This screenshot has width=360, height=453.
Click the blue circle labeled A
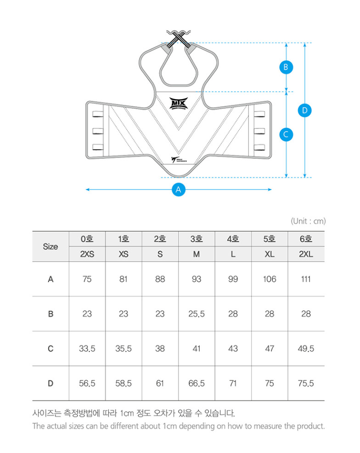click(x=179, y=189)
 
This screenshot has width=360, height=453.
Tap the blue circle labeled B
click(x=286, y=67)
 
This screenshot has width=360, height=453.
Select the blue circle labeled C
click(x=286, y=134)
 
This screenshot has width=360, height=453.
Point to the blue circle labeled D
click(x=304, y=110)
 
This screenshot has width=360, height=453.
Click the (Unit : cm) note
click(x=308, y=221)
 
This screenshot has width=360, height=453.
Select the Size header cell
click(x=51, y=247)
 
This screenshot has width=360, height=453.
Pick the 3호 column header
click(x=196, y=239)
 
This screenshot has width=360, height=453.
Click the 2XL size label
click(x=306, y=254)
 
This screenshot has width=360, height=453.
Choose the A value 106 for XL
click(x=270, y=279)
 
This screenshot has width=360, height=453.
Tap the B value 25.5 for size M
click(x=196, y=314)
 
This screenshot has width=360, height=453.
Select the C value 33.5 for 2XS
click(x=87, y=349)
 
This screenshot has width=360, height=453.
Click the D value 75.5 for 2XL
click(x=306, y=383)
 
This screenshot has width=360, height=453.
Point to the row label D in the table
click(x=51, y=383)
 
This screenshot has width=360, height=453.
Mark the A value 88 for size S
click(x=160, y=279)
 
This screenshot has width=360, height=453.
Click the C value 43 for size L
click(x=233, y=349)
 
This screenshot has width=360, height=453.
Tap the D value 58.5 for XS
click(x=124, y=383)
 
